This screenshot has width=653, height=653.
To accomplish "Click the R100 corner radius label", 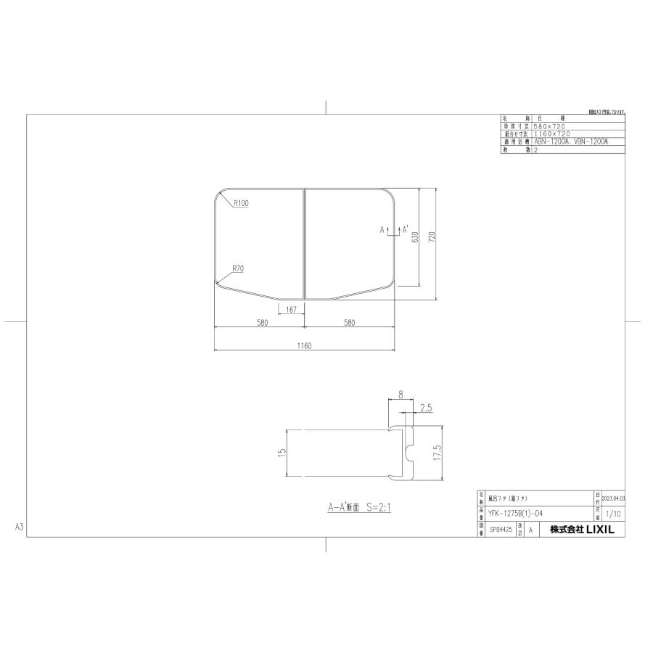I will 241,204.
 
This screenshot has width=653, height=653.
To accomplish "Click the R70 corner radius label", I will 238,268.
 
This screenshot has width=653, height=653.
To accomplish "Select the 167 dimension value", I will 290,311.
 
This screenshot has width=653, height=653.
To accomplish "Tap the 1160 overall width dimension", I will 303,346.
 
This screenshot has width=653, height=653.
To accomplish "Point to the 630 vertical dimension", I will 415,237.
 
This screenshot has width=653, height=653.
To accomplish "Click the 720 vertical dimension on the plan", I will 432,237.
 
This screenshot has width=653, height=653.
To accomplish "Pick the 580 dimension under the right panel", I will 350,323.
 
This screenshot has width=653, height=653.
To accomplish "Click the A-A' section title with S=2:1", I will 358,508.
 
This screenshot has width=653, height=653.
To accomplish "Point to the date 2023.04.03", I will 613,500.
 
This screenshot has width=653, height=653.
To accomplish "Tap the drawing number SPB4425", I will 501,530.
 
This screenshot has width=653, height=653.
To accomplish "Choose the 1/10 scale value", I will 612,513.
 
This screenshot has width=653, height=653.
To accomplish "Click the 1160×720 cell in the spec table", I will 551,134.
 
